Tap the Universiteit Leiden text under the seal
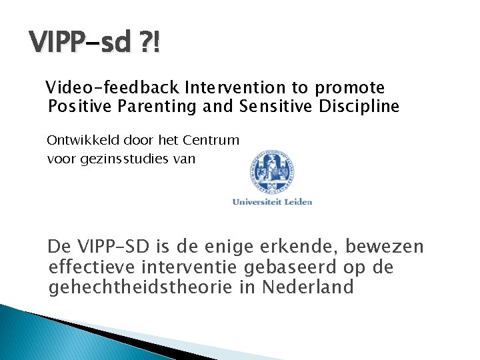tap(272, 201)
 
